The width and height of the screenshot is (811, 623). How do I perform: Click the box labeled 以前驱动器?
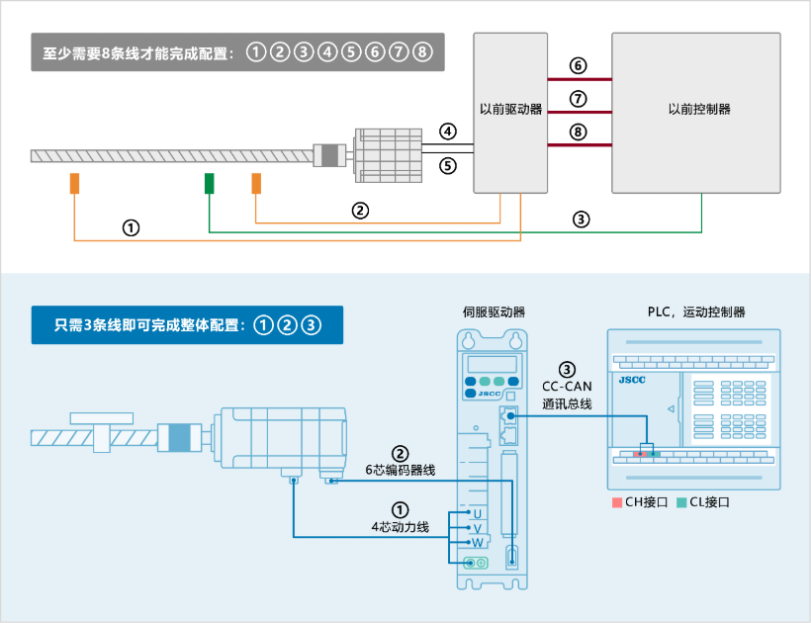coord(510,110)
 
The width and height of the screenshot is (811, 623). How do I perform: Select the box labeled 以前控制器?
coord(696,110)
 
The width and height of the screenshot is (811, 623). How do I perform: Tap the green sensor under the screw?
coord(210,183)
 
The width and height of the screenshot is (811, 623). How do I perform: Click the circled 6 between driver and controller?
coord(579,66)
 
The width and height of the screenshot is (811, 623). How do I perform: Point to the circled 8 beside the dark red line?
coord(579,132)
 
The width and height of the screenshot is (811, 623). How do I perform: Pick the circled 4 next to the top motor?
coord(448,132)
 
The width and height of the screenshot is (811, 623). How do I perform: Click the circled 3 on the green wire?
coord(582,220)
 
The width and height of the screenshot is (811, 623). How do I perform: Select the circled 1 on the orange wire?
coord(131,226)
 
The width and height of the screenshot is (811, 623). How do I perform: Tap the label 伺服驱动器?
coord(494,311)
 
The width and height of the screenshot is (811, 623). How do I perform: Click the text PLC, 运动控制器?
coord(696,311)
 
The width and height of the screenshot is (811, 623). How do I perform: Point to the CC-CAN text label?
coord(567,387)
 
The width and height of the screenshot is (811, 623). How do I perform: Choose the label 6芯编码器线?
coord(400,470)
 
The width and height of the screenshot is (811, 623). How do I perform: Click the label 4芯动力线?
coord(400,526)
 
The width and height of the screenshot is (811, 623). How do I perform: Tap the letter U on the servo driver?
coord(477,514)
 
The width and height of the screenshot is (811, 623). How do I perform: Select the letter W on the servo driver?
coord(477,543)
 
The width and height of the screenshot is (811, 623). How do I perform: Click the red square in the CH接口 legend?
coord(616,502)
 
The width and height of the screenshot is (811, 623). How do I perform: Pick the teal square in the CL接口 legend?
coord(680,502)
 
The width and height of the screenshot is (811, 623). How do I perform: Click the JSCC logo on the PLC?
coord(633,379)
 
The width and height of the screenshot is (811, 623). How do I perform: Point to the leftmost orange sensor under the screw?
coord(74,183)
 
